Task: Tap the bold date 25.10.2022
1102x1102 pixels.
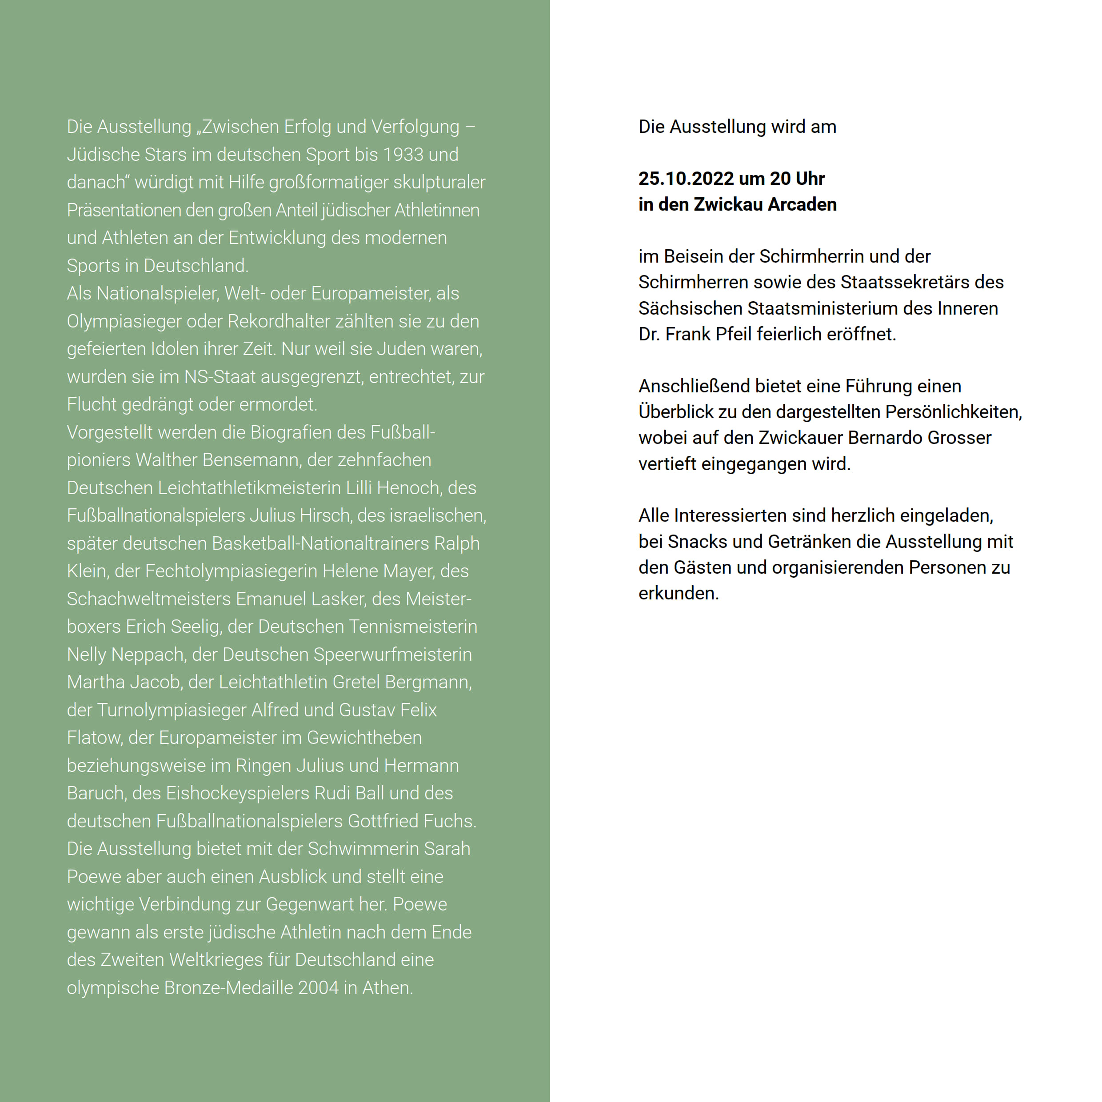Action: [x=686, y=179]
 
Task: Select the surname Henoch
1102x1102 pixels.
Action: [x=408, y=488]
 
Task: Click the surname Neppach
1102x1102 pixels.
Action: [x=148, y=654]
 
